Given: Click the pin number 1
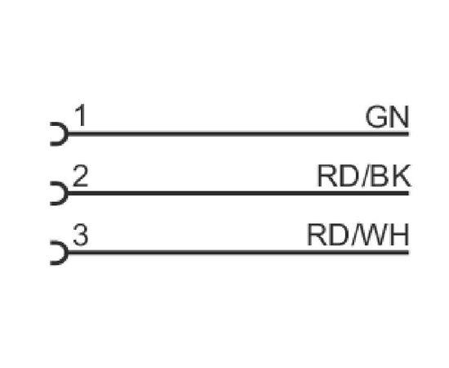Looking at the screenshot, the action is coord(81,115).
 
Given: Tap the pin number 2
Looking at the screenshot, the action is coord(80,175).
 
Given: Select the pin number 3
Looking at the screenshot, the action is coord(81,235).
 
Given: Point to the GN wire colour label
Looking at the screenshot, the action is coord(387,117).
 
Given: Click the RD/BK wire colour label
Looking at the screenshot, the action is coord(363,176).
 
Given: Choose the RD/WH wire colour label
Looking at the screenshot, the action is coord(358,236).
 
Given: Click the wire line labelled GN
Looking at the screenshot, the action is coord(238,134).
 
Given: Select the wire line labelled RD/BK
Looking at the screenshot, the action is coord(238,193).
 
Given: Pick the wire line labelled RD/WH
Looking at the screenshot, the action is coord(238,253).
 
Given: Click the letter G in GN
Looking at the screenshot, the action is coord(376,117).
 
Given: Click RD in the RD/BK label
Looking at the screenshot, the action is coord(338,176).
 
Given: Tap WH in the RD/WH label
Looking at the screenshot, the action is coord(384,236).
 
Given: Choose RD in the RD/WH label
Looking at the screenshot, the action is coord(328,236).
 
